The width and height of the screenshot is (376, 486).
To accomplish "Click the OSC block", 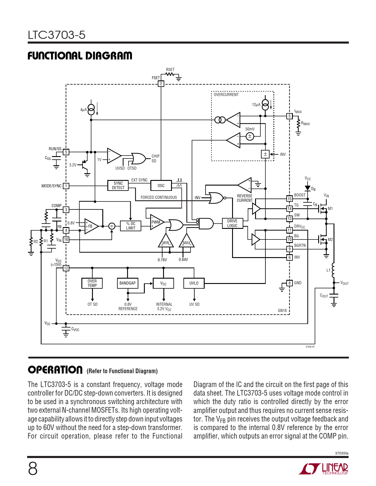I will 161,186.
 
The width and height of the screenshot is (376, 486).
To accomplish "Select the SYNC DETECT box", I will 118,186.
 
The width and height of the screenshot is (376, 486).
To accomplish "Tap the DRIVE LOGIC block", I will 232,223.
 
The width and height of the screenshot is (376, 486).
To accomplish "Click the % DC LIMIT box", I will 131,226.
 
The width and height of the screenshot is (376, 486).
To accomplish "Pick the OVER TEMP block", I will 92,283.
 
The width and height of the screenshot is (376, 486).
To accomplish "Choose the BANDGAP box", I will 127,283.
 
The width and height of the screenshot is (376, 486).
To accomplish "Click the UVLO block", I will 194,283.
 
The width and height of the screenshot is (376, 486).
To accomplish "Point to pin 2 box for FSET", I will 161,84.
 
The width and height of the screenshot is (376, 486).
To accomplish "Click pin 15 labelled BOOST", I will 290,199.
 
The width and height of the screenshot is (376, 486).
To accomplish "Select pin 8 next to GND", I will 290,283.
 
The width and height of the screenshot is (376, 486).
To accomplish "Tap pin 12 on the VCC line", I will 66,268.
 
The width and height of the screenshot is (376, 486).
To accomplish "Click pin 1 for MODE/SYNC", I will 66,186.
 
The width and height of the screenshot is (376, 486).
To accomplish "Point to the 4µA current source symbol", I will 91,110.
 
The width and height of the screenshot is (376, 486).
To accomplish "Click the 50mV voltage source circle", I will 250,136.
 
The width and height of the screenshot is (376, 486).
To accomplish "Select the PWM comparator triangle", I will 157,222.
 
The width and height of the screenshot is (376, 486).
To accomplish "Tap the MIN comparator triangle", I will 166,241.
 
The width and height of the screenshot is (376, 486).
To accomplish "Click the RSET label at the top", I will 170,70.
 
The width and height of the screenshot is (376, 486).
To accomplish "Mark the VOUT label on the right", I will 344,283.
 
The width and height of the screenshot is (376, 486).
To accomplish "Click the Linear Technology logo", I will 324,469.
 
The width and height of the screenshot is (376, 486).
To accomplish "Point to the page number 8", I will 33,469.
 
